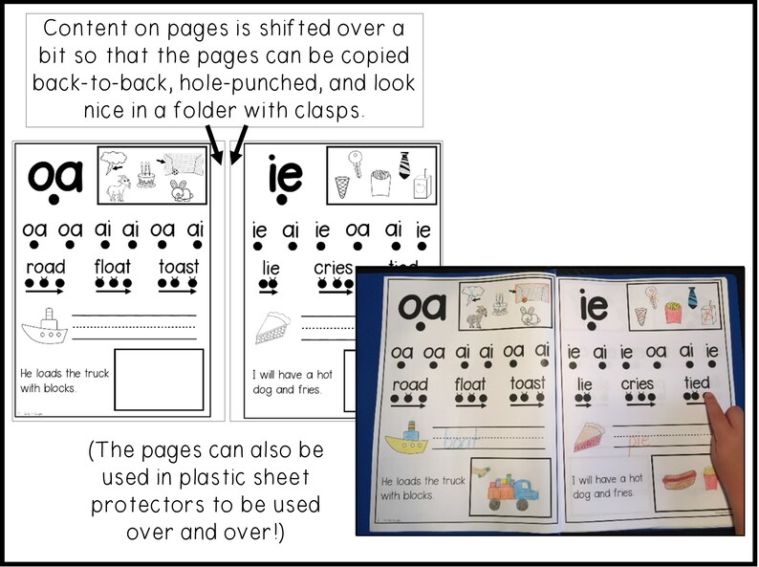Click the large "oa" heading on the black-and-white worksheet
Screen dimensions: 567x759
(x=55, y=176)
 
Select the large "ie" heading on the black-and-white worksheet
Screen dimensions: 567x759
(x=276, y=175)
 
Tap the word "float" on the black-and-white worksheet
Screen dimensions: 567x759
(x=113, y=267)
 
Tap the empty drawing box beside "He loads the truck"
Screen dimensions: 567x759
(x=159, y=380)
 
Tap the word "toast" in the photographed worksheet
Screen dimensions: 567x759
(x=528, y=383)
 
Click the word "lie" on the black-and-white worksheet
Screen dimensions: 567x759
(x=271, y=269)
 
